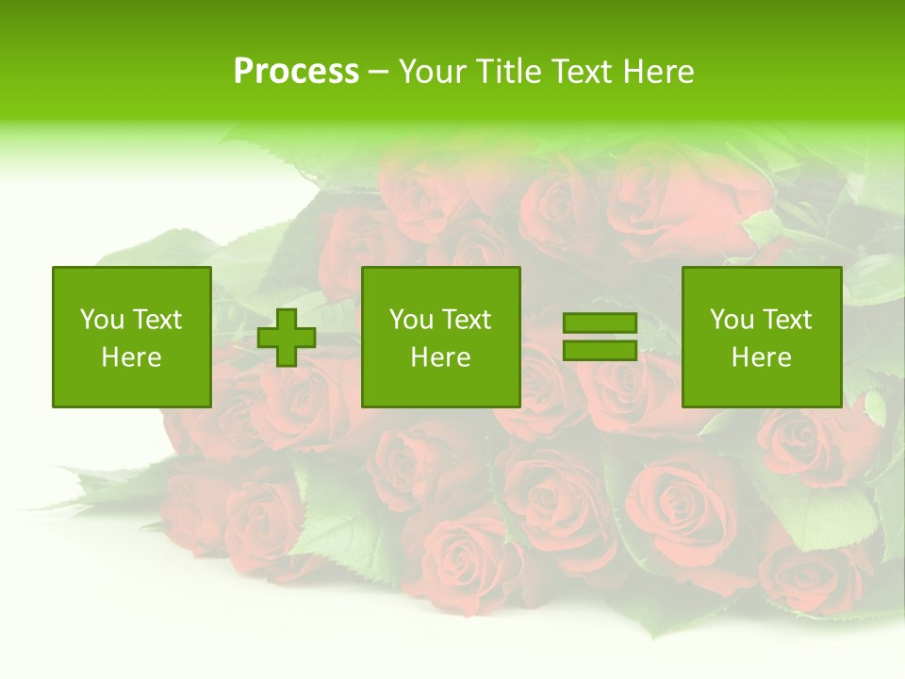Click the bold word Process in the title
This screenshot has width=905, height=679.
296,72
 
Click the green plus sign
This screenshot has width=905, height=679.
287,338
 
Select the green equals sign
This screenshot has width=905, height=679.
600,337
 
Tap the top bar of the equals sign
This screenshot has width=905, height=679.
600,323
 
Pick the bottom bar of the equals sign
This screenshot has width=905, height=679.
600,350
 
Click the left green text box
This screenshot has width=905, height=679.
132,337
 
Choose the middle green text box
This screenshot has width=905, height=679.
441,337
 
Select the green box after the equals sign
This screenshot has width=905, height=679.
762,337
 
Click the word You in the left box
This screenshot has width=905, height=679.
102,320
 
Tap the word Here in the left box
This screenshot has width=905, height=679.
131,357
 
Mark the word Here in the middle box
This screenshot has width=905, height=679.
440,357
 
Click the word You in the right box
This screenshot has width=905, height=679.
732,320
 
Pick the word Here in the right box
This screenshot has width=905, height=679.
761,357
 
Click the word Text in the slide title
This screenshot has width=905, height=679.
583,72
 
